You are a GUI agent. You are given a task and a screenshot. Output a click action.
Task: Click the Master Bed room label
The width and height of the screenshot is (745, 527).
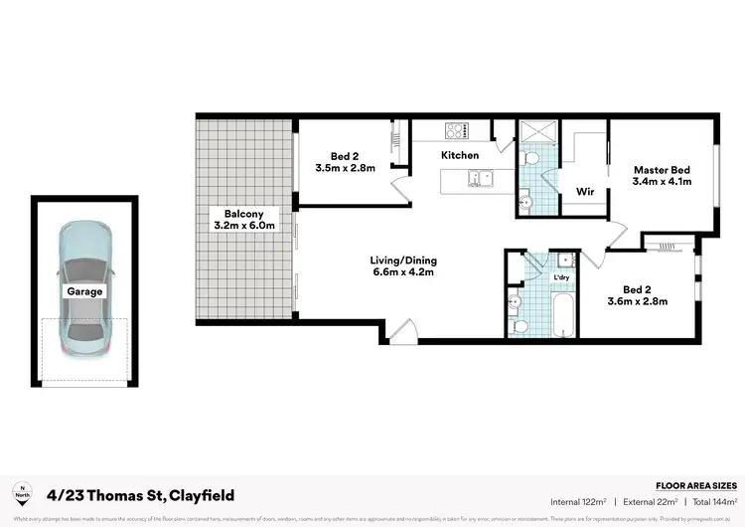[663, 169]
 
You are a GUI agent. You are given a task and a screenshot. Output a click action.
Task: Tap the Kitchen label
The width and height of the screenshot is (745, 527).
[460, 155]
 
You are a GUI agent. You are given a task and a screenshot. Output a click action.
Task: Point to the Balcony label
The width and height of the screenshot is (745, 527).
[243, 214]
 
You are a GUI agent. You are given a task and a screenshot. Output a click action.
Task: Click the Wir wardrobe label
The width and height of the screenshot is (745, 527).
[585, 191]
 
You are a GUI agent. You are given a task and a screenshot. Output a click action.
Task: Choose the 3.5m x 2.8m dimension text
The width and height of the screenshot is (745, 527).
[353, 168]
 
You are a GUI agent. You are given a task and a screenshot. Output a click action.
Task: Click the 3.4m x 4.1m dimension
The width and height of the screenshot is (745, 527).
[663, 182]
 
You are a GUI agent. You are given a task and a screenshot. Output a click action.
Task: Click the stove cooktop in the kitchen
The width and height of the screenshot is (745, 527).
[457, 129]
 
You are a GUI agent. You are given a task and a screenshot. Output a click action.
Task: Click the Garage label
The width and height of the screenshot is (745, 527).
[84, 292]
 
